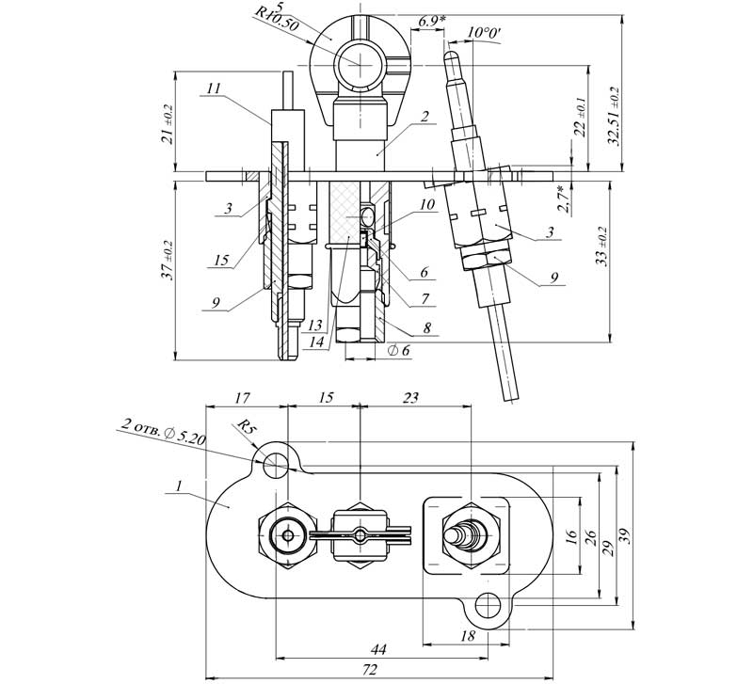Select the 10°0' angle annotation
pos(484,33)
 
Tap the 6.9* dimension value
pos(431,21)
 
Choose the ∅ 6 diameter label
pos(398,350)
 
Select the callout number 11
pos(215,88)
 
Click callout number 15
pos(221,261)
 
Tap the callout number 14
pos(316,342)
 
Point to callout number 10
pos(426,204)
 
